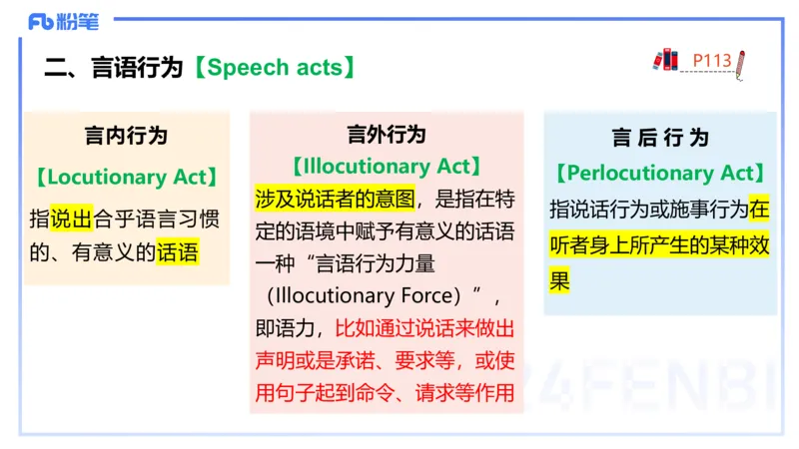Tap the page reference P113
tap(712, 61)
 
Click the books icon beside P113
tap(666, 59)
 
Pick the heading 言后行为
tap(660, 138)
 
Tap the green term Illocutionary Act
tap(387, 166)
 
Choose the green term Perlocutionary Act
tap(660, 174)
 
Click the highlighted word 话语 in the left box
tap(178, 252)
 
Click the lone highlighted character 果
tap(559, 281)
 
